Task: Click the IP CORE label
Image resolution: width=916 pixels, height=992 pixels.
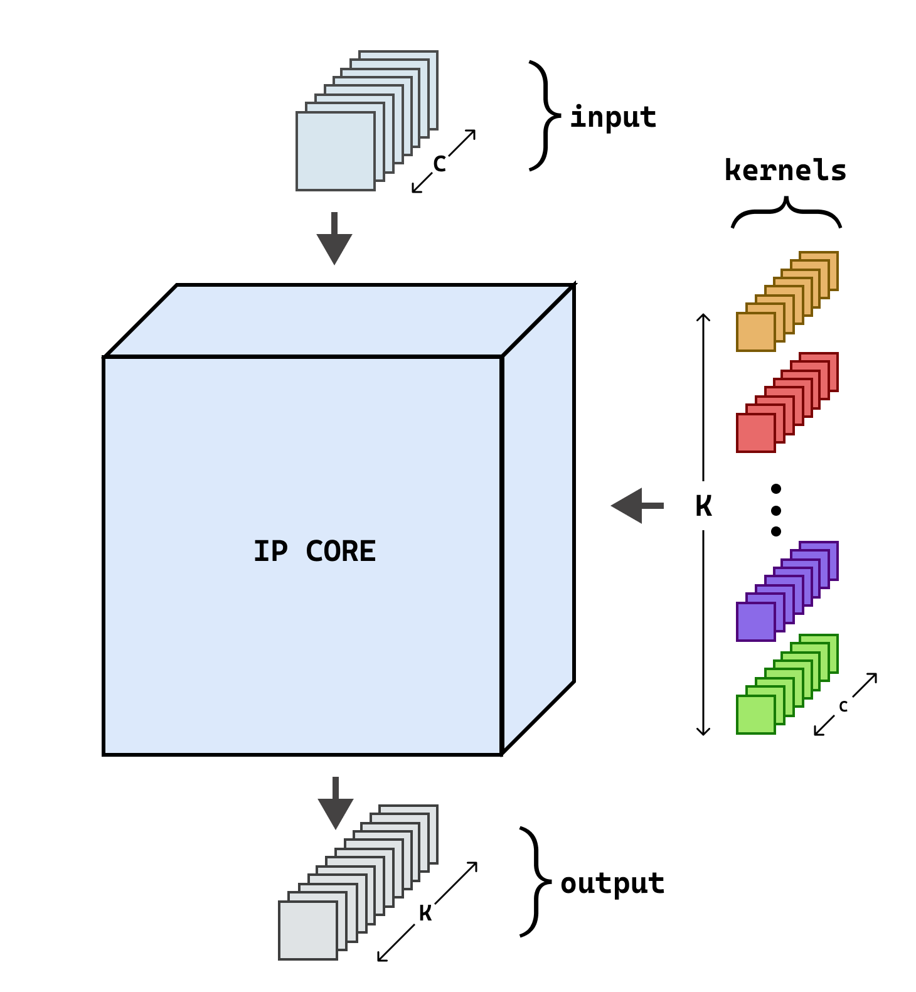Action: click(314, 552)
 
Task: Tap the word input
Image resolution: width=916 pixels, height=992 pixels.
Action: click(613, 117)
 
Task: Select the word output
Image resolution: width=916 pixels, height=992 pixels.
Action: click(612, 883)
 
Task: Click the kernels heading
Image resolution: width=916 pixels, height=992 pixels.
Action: click(786, 171)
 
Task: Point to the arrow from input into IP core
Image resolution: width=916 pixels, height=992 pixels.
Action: click(334, 240)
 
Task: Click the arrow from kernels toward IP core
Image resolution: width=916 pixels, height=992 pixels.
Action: click(636, 506)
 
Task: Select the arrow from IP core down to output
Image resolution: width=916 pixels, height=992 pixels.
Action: click(336, 805)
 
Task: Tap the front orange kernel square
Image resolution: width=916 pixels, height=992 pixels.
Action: click(755, 332)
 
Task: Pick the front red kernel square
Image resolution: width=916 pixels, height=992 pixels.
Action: click(755, 433)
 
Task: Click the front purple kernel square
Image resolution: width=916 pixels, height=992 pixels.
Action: click(755, 622)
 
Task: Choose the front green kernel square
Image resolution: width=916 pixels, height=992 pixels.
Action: click(755, 715)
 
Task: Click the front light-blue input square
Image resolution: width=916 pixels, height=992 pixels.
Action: click(335, 151)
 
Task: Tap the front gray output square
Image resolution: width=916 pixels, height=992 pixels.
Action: click(307, 931)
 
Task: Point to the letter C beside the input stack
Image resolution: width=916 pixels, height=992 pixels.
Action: click(439, 164)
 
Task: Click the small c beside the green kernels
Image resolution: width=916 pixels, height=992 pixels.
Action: click(843, 706)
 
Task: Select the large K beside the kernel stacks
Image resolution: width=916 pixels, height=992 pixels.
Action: click(703, 506)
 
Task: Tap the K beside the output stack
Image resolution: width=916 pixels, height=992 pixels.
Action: click(425, 913)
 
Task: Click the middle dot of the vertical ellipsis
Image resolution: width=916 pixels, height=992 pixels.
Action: click(776, 510)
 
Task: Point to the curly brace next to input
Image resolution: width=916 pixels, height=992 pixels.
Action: click(543, 116)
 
